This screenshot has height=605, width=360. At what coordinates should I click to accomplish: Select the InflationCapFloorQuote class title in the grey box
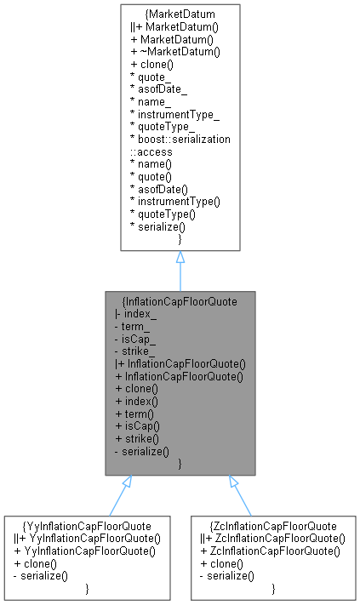(x=180, y=300)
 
